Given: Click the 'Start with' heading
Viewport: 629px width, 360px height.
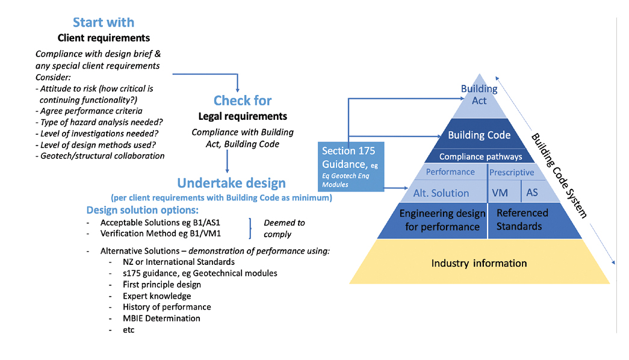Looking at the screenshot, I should pyautogui.click(x=104, y=22).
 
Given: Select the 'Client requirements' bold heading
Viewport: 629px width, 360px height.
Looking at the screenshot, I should pyautogui.click(x=104, y=38).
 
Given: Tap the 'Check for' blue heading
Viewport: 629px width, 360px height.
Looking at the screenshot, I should pyautogui.click(x=243, y=101).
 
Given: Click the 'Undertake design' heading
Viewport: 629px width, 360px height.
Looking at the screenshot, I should pyautogui.click(x=231, y=183).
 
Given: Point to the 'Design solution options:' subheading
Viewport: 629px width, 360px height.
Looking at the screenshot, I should pyautogui.click(x=142, y=210).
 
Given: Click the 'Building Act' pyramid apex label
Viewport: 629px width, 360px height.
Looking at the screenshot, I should pyautogui.click(x=479, y=95).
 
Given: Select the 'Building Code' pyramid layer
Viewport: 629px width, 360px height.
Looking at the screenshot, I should pyautogui.click(x=479, y=135).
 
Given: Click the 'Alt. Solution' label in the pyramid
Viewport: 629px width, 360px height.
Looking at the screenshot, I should pyautogui.click(x=441, y=193).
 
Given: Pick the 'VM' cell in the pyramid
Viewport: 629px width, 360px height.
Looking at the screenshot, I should pyautogui.click(x=500, y=193).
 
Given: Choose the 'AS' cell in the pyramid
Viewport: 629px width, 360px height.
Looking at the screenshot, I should pyautogui.click(x=532, y=193).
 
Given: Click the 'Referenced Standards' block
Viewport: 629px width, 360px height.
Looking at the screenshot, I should pyautogui.click(x=522, y=220).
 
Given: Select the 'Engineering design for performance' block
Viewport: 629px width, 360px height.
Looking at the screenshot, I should pyautogui.click(x=442, y=220).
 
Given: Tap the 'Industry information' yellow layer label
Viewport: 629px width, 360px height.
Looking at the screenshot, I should pyautogui.click(x=479, y=263).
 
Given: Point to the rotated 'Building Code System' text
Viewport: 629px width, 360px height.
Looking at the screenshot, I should pyautogui.click(x=559, y=175).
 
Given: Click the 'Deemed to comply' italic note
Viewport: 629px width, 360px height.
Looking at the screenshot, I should pyautogui.click(x=284, y=228).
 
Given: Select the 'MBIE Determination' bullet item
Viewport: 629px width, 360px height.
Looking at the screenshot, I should pyautogui.click(x=161, y=318).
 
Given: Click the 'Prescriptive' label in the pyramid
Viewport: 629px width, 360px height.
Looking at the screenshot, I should pyautogui.click(x=512, y=172).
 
